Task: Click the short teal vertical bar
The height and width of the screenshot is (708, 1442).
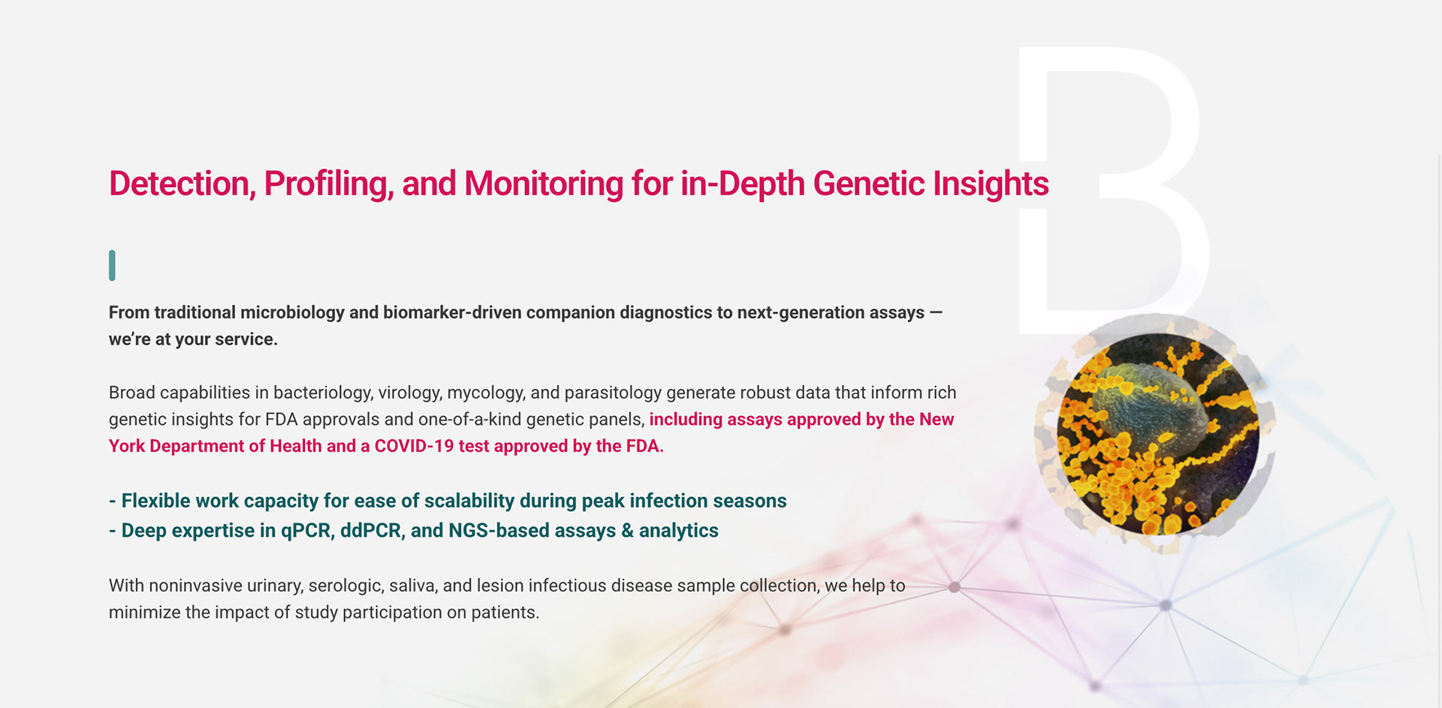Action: pyautogui.click(x=112, y=266)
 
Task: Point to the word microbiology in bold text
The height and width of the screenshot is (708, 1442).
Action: pyautogui.click(x=292, y=312)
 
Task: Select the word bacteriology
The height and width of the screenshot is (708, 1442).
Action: pyautogui.click(x=322, y=393)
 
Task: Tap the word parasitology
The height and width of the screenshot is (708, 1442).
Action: pyautogui.click(x=612, y=393)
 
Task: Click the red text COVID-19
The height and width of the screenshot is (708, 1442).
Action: pyautogui.click(x=414, y=446)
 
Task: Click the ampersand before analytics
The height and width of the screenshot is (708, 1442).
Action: pyautogui.click(x=628, y=531)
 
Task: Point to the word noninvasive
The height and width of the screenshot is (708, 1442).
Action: pyautogui.click(x=198, y=586)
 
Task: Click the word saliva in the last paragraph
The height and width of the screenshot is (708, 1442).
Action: pyautogui.click(x=413, y=586)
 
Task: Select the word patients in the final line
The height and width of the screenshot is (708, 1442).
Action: pyautogui.click(x=505, y=613)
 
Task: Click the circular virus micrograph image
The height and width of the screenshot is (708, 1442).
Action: pyautogui.click(x=1157, y=434)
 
